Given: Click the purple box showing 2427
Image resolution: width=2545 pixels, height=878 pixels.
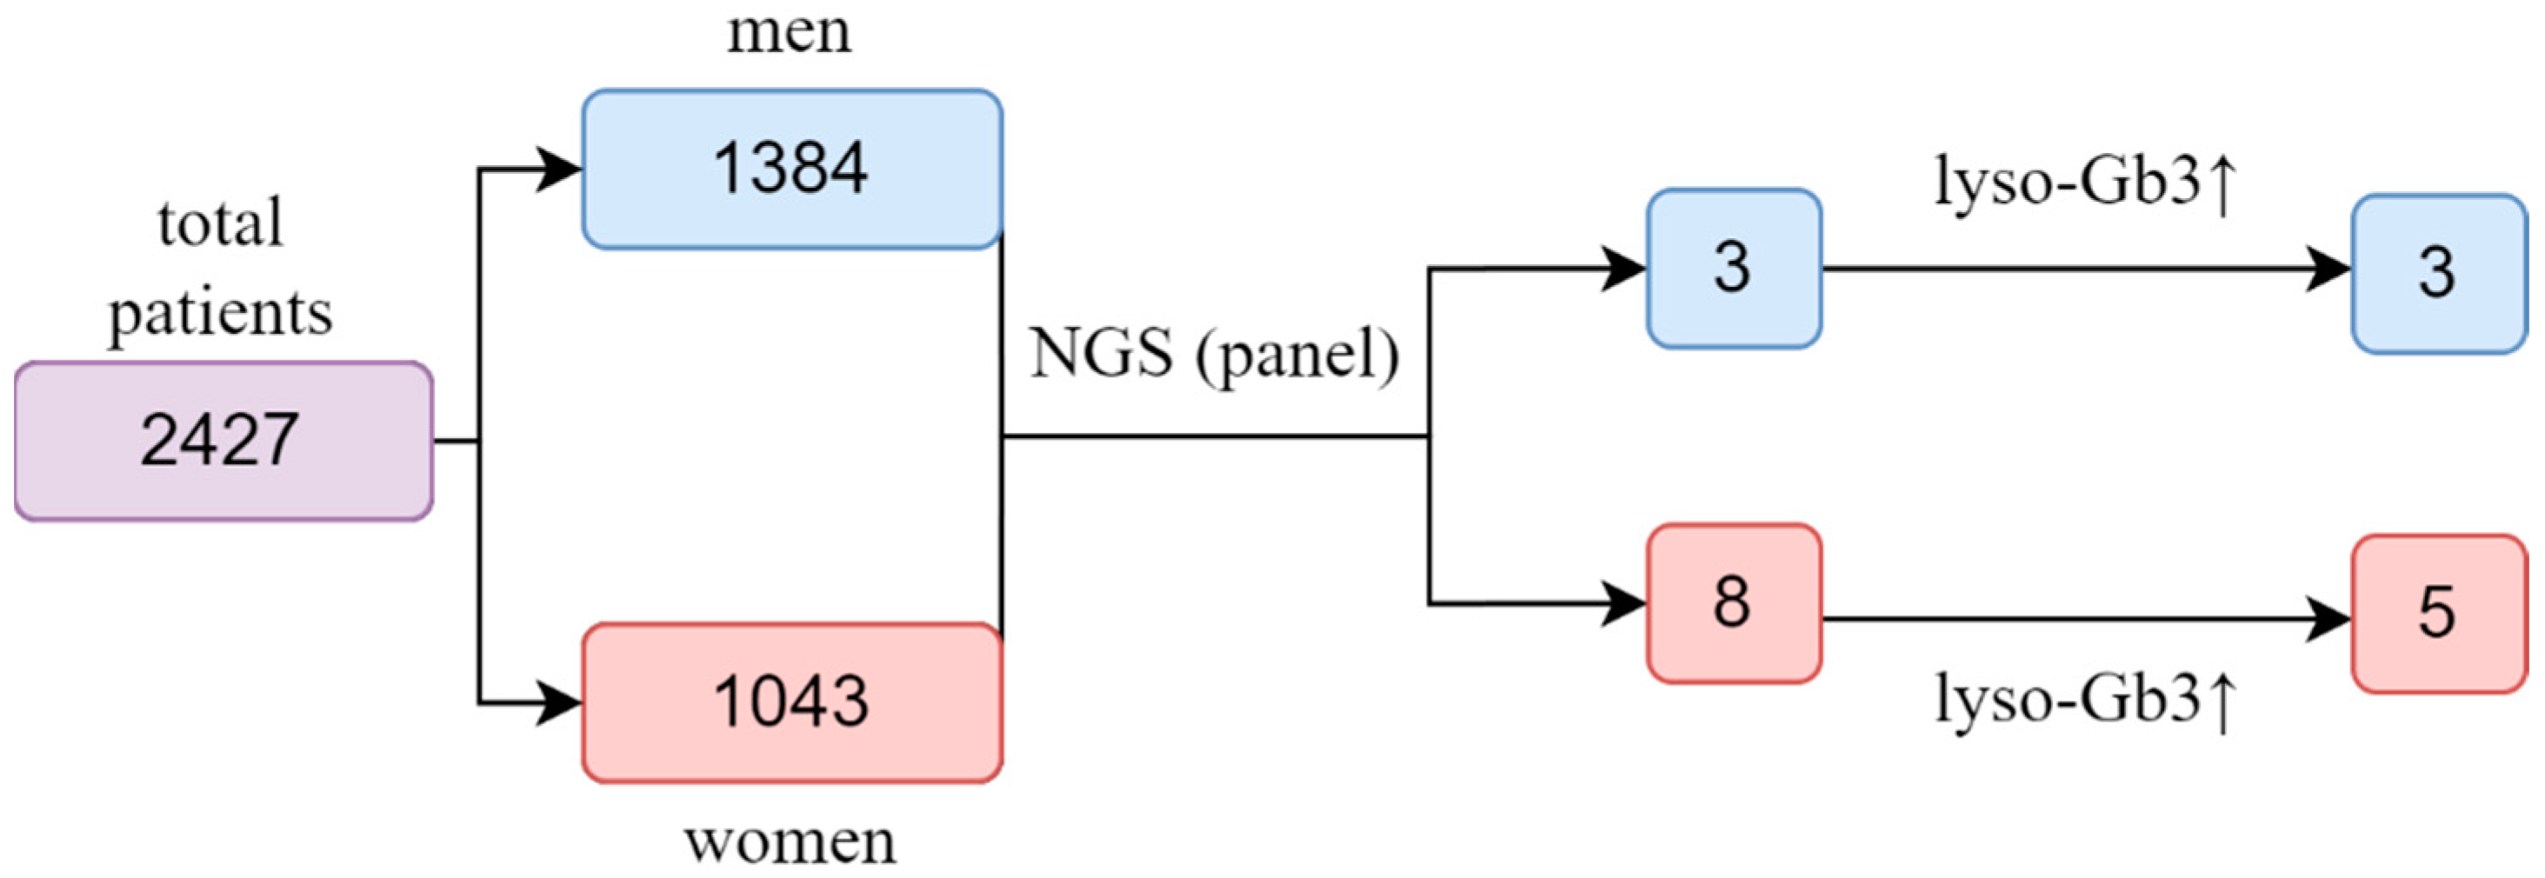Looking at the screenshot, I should pyautogui.click(x=223, y=441).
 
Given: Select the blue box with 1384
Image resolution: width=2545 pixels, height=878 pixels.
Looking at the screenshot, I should pyautogui.click(x=791, y=169).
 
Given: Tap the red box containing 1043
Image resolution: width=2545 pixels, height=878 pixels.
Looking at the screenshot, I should pyautogui.click(x=791, y=702).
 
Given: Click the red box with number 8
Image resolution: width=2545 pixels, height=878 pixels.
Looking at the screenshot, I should pyautogui.click(x=1733, y=602).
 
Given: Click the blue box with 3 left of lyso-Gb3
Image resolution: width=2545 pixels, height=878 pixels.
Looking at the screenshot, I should pyautogui.click(x=1733, y=268).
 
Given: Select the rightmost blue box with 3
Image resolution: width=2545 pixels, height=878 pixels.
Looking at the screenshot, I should pyautogui.click(x=2437, y=273).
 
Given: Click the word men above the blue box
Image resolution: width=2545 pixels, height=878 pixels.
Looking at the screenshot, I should pyautogui.click(x=789, y=31).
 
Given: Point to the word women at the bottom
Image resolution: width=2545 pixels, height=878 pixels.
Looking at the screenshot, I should pyautogui.click(x=790, y=842).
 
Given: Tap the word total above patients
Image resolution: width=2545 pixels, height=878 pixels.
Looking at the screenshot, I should pyautogui.click(x=220, y=223).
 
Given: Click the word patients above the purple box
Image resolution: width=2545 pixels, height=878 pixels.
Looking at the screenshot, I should pyautogui.click(x=220, y=313).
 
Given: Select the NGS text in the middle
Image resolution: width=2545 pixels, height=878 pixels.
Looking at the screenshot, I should pyautogui.click(x=1101, y=353).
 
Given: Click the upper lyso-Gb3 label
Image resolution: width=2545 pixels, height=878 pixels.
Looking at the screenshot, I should pyautogui.click(x=2067, y=183).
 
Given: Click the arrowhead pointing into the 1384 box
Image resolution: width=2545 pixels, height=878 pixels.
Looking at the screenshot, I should pyautogui.click(x=558, y=170).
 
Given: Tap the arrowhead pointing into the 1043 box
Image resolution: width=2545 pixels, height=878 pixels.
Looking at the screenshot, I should pyautogui.click(x=558, y=703).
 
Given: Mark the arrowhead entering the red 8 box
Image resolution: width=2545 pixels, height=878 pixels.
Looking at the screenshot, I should pyautogui.click(x=1622, y=603).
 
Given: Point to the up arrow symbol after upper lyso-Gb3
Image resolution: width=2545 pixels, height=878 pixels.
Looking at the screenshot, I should pyautogui.click(x=2221, y=186).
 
